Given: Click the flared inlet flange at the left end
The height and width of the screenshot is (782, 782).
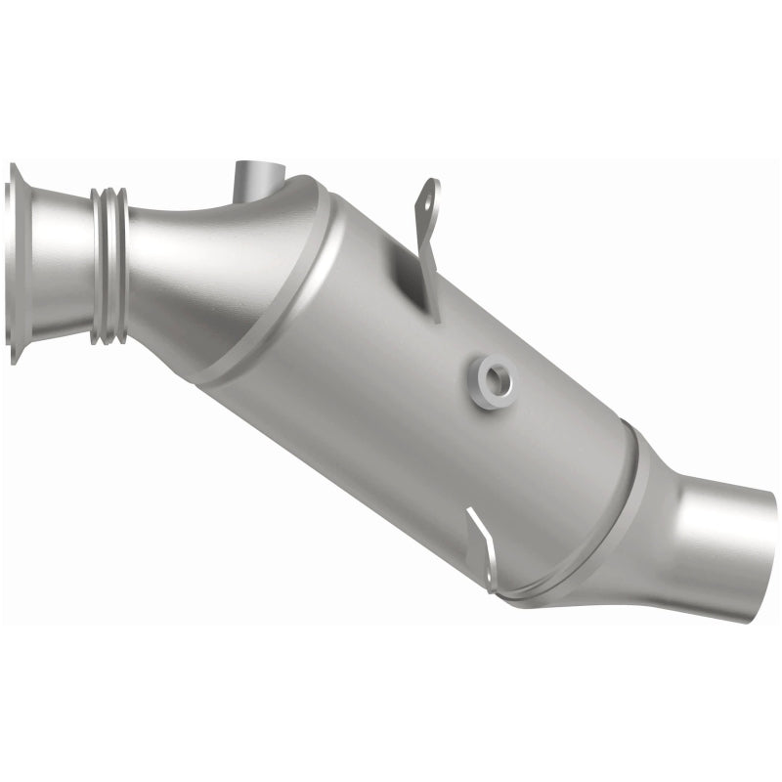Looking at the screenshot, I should tap(14, 264).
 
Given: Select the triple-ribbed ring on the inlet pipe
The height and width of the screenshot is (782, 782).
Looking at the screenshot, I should tap(109, 266).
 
